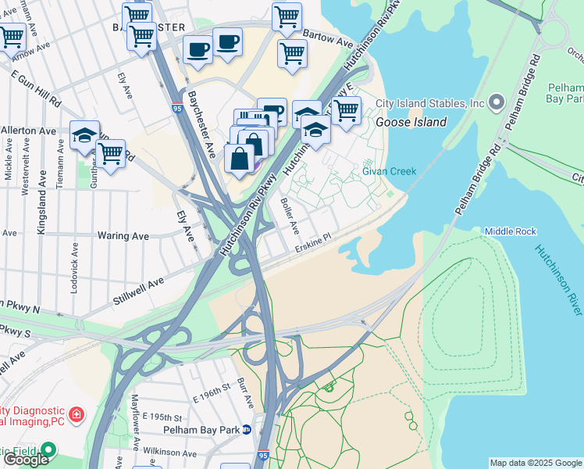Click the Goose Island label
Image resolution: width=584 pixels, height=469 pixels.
[x=411, y=122]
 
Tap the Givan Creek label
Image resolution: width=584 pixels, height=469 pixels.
[x=389, y=171]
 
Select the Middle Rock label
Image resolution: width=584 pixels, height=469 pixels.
[x=510, y=231]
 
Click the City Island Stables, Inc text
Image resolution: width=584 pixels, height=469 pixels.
[x=430, y=103]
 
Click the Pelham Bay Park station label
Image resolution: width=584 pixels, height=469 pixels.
[x=201, y=429]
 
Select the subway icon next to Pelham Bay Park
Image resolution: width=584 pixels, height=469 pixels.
[x=247, y=429]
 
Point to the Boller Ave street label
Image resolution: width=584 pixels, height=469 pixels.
[x=289, y=216]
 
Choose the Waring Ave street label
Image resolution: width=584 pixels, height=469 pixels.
[x=123, y=235]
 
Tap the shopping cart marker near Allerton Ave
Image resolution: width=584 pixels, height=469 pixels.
[x=111, y=153]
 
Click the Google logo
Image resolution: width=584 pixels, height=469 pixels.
[x=26, y=460]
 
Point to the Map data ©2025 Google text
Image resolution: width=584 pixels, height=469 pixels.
[x=536, y=462]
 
